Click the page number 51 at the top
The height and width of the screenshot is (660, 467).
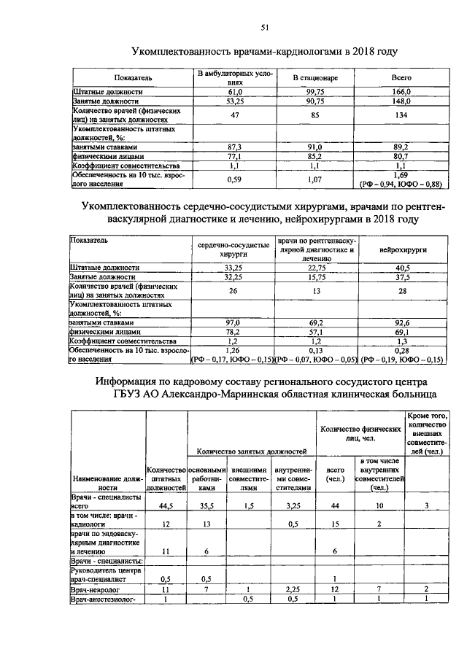click(x=266, y=28)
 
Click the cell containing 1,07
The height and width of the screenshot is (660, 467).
click(x=314, y=179)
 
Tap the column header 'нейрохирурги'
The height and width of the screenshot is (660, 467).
click(x=403, y=249)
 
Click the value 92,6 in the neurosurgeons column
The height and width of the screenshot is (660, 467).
click(x=403, y=322)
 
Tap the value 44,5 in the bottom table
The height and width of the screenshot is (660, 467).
click(x=166, y=505)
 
